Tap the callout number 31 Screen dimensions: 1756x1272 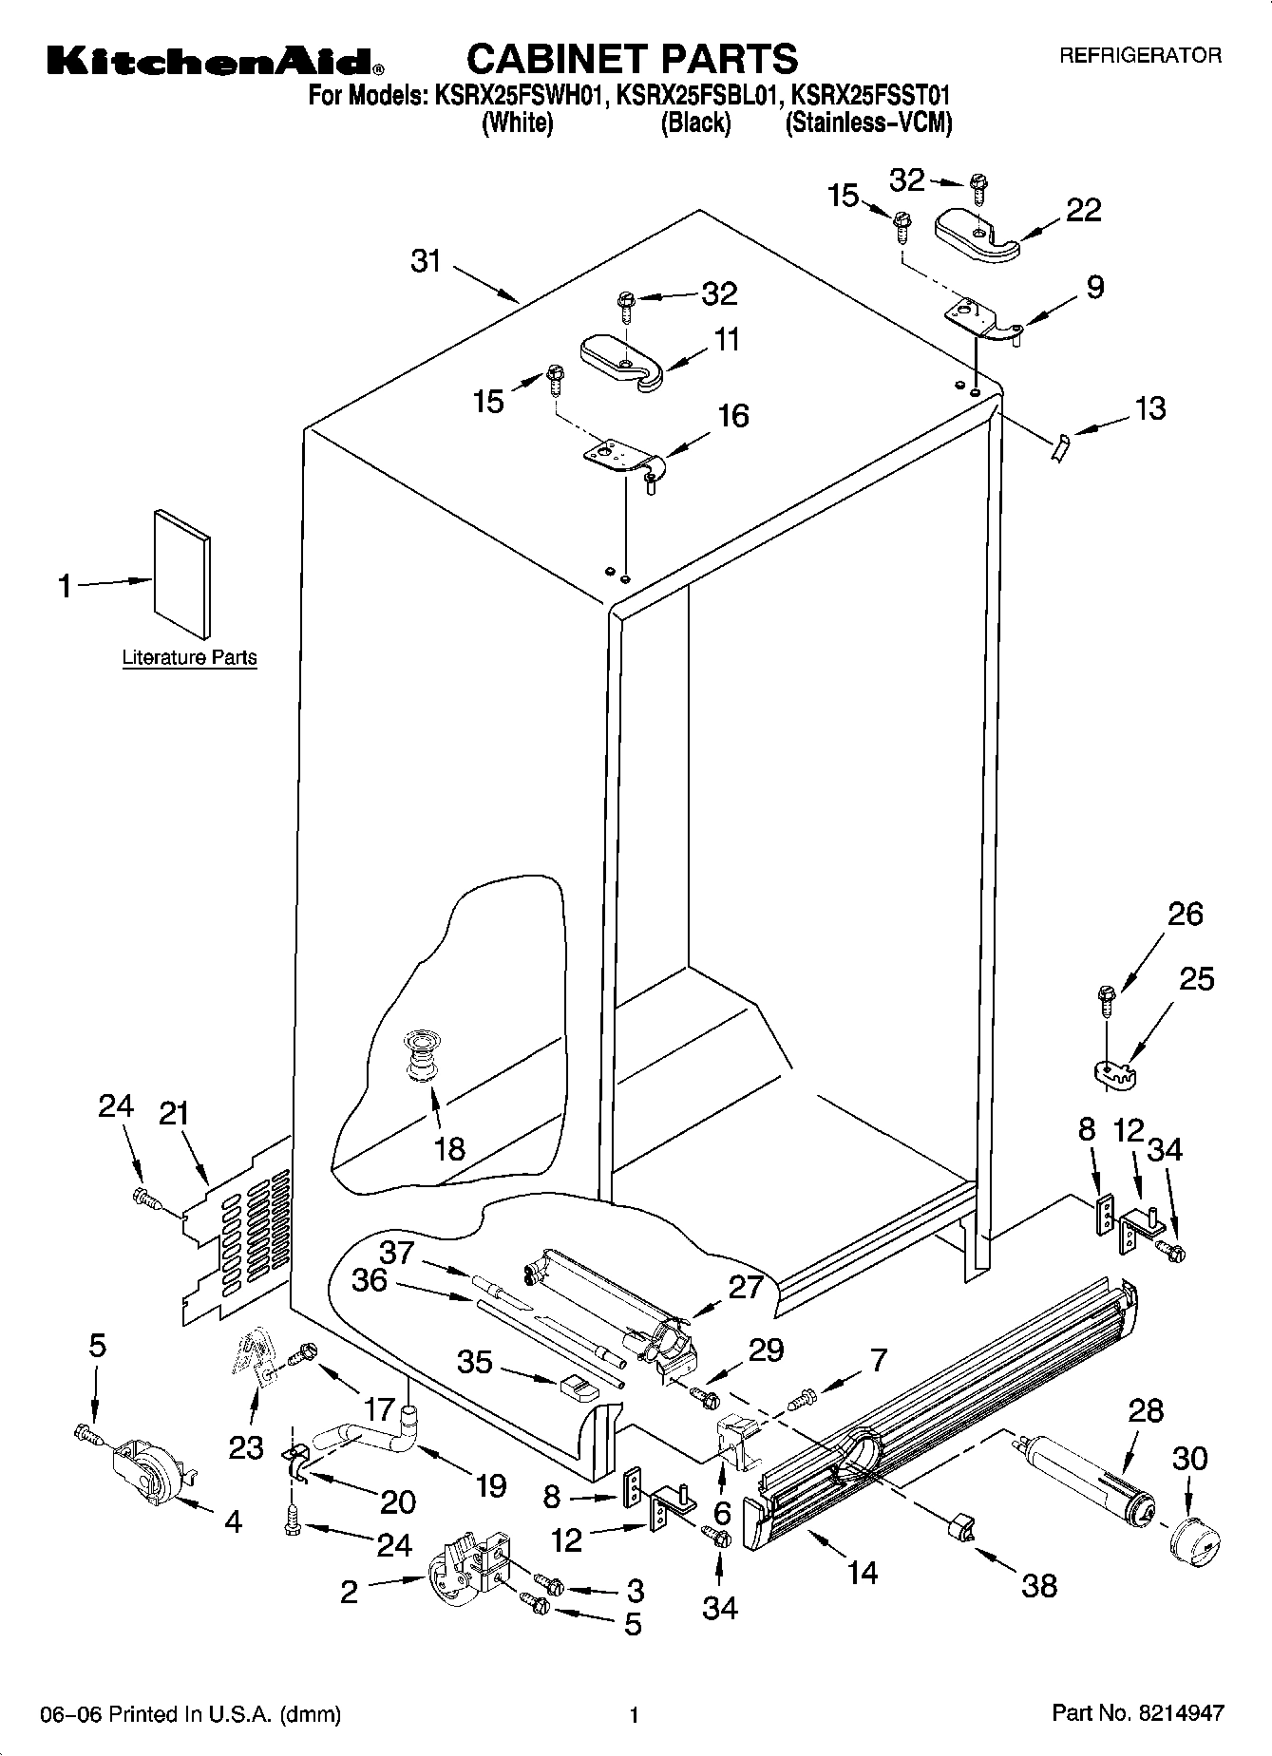tap(427, 260)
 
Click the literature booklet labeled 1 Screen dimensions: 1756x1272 tap(182, 574)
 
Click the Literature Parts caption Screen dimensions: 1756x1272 tap(189, 657)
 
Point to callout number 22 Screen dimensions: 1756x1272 tap(1083, 210)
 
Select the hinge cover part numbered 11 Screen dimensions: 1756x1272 tap(621, 361)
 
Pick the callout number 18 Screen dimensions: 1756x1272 tap(449, 1148)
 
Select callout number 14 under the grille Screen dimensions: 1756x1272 tap(862, 1573)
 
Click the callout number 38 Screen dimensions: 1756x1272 tap(1039, 1584)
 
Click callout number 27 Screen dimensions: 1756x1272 tap(746, 1287)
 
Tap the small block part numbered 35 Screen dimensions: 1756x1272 tap(578, 1388)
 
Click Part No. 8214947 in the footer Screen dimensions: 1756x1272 tap(1137, 1714)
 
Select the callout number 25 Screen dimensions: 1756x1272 tap(1196, 978)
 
